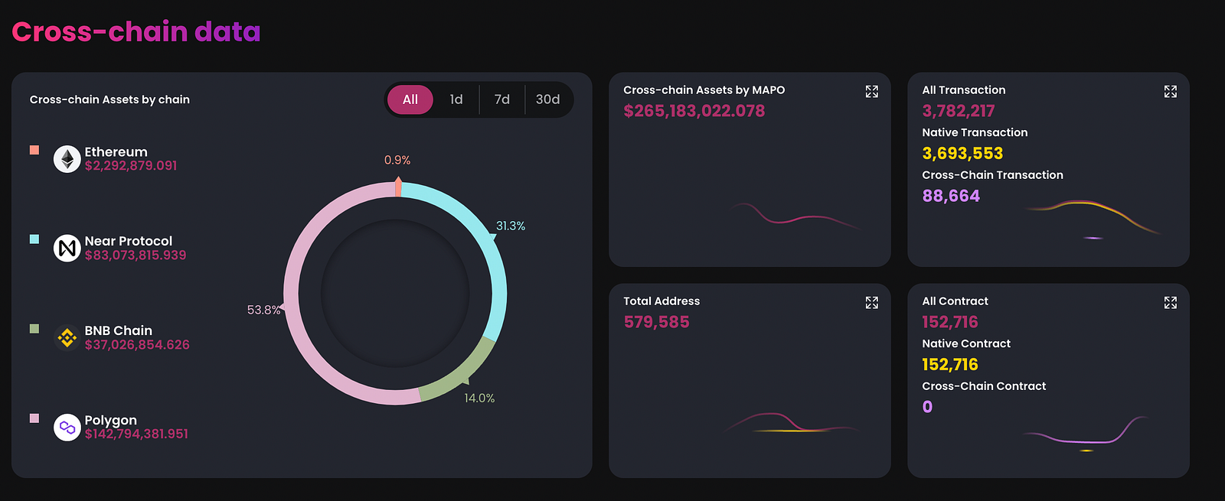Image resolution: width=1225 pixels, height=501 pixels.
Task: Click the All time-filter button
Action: (x=410, y=99)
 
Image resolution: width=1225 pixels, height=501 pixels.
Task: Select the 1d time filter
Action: (x=456, y=99)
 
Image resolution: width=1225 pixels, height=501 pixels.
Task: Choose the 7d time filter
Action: (x=502, y=99)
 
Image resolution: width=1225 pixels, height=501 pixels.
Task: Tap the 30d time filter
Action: (x=547, y=99)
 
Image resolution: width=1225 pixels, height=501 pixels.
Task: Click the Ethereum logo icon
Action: (x=67, y=159)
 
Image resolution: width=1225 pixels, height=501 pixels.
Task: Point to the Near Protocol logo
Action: (x=67, y=248)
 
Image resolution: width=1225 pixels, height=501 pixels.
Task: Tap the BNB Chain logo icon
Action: (x=67, y=337)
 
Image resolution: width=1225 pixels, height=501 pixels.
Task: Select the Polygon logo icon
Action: (x=67, y=427)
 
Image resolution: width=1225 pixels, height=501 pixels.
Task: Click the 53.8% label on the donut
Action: (x=263, y=310)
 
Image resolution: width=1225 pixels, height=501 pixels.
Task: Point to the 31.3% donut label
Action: (x=511, y=226)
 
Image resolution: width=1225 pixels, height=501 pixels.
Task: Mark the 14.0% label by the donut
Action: (x=479, y=398)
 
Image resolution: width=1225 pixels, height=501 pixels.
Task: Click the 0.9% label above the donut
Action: (x=397, y=160)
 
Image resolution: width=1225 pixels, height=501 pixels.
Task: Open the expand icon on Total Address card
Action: (x=871, y=303)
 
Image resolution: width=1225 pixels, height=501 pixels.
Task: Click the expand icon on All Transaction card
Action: (x=1170, y=92)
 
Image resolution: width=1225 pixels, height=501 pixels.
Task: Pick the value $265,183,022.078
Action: (x=694, y=111)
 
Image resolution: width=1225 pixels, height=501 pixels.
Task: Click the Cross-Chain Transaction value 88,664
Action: (x=951, y=196)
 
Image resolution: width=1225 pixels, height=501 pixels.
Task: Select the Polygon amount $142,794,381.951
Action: (x=136, y=434)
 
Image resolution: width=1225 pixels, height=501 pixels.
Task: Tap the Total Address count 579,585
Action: (x=656, y=322)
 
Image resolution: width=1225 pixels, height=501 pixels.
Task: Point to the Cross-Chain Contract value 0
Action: (x=927, y=407)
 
